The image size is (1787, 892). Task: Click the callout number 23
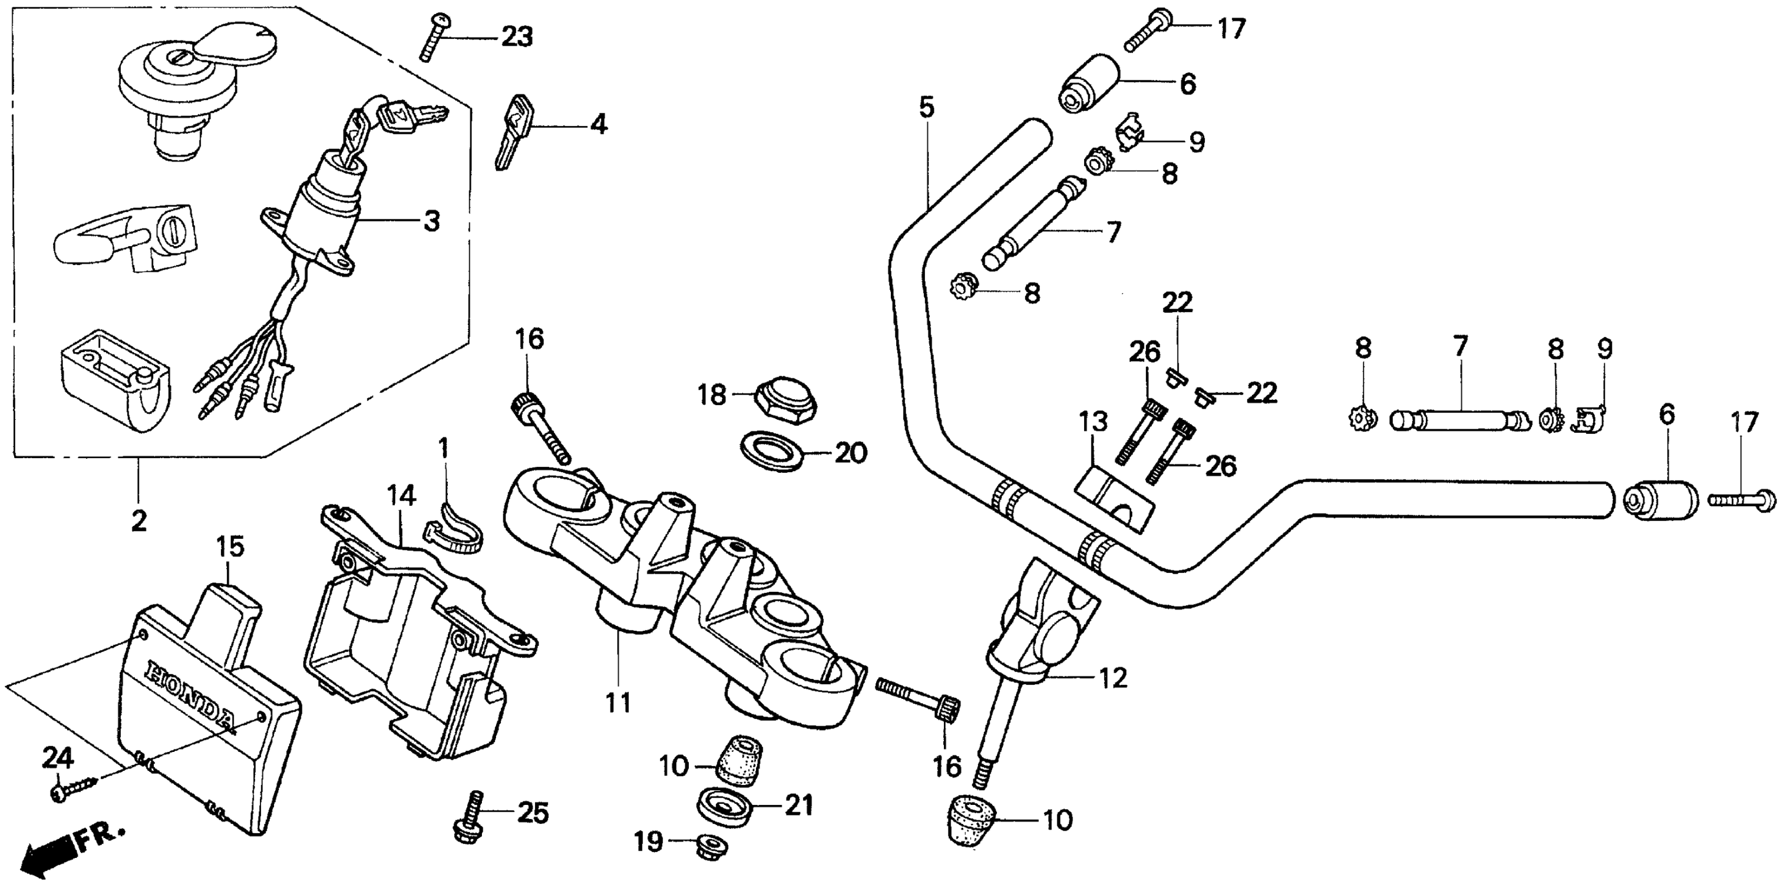517,37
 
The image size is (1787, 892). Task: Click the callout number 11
617,703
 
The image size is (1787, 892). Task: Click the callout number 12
1113,678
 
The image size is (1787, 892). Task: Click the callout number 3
432,221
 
